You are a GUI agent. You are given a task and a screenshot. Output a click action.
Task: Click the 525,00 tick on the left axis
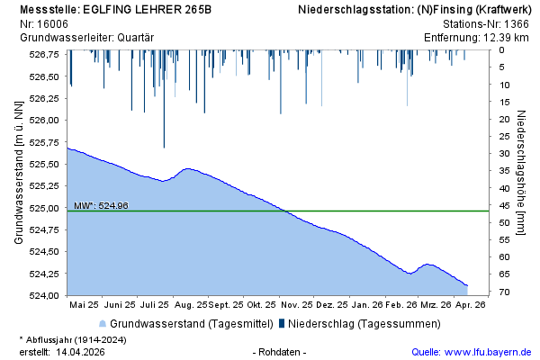(44, 208)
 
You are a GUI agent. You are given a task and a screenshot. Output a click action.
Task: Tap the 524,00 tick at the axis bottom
(44, 295)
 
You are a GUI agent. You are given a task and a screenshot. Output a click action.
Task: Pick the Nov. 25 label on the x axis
(294, 305)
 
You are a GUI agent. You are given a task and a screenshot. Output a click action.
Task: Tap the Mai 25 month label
(84, 305)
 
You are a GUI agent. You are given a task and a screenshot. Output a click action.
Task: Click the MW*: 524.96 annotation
(101, 205)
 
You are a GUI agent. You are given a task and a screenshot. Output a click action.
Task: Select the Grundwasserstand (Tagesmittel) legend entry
(175, 323)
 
